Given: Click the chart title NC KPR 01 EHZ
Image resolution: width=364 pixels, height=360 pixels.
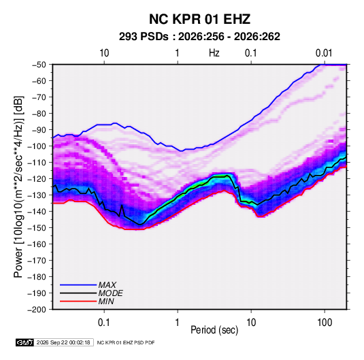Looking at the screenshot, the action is click(199, 19).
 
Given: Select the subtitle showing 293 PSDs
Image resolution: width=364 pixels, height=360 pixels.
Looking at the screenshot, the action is click(199, 37).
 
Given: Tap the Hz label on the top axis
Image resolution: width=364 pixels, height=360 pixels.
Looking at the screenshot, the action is click(214, 53).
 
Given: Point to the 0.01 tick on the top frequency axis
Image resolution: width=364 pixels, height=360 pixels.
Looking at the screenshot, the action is click(324, 53).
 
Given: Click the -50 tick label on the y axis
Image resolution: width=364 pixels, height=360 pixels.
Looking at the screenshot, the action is click(39, 65).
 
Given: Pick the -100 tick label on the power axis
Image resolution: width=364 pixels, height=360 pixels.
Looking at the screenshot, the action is click(37, 146).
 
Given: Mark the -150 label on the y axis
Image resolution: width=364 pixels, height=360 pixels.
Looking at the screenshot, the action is click(37, 228).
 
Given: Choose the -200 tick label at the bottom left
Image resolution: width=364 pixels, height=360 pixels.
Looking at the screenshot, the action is click(37, 310).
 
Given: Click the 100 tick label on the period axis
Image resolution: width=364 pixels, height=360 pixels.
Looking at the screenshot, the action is click(325, 323).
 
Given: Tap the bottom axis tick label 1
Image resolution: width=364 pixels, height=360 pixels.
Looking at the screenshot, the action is click(178, 323).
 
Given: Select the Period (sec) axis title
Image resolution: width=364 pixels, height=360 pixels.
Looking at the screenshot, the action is click(214, 330).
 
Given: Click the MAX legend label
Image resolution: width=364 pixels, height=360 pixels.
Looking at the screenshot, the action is click(107, 285).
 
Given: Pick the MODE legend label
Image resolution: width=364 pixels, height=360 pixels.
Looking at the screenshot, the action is click(110, 293).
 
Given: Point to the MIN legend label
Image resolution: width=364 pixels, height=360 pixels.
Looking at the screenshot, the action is click(106, 301).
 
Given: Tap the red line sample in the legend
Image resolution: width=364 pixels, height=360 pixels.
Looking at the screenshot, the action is click(78, 301).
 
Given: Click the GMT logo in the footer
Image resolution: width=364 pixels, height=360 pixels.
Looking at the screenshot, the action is click(24, 342).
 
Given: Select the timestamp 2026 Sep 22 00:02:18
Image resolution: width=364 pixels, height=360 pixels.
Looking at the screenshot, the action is click(63, 342).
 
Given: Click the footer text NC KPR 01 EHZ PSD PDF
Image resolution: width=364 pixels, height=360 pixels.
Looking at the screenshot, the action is click(126, 342).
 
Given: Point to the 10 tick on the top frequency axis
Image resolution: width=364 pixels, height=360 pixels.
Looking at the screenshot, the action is click(104, 53).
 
